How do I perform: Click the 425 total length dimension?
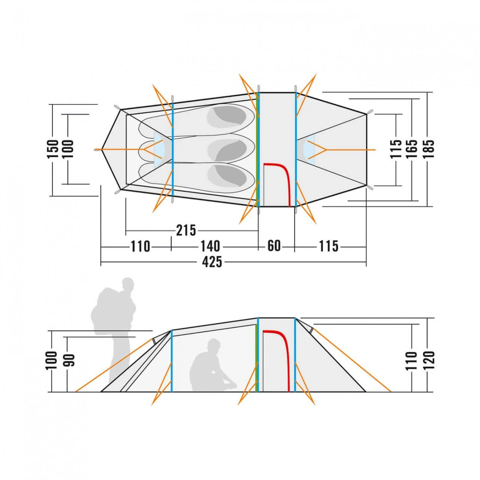click(212, 262)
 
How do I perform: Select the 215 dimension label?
click(186, 230)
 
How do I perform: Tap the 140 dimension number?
click(210, 246)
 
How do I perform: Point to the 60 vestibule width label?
click(274, 246)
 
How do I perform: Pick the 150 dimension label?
click(52, 149)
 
